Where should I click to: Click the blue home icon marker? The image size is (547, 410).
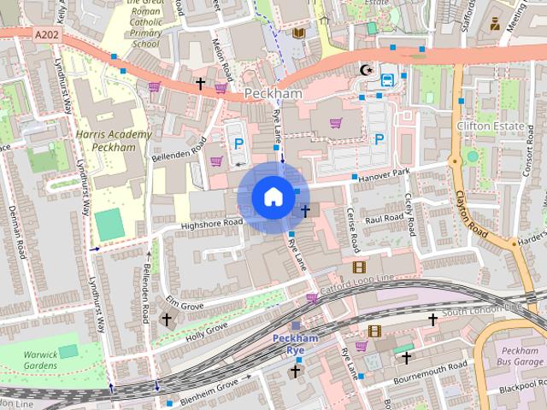click(x=272, y=196)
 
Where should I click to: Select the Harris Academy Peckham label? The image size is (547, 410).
click(x=113, y=141)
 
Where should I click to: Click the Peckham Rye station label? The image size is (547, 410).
click(x=295, y=343)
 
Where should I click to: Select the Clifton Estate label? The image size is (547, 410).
click(x=488, y=126)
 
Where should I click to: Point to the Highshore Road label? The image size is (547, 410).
click(x=212, y=224)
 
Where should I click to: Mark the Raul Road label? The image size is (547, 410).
click(x=384, y=220)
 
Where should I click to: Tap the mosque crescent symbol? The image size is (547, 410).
click(x=368, y=69)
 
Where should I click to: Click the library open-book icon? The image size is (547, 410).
click(x=298, y=33)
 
